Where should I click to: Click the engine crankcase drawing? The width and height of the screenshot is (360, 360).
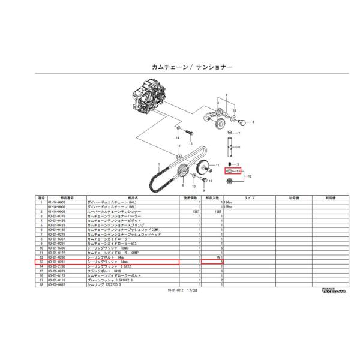point(147,103)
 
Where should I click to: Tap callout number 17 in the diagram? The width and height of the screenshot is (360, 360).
point(178,146)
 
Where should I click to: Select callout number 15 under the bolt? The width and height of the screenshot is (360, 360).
point(190,143)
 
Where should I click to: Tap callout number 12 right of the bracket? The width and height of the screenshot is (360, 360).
point(250,176)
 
